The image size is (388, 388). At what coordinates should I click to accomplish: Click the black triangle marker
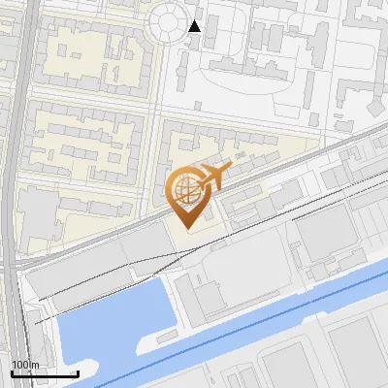(x=195, y=26)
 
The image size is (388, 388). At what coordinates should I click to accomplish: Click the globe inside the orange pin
(x=186, y=188)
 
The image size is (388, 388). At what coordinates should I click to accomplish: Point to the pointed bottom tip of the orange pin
(x=186, y=227)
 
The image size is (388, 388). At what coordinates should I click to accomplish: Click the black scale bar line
(x=45, y=373)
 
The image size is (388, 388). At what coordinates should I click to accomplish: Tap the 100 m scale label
(x=23, y=365)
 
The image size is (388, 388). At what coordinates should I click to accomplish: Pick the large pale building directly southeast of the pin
(x=242, y=281)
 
